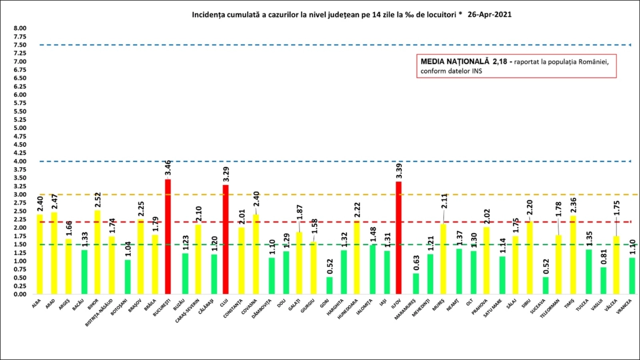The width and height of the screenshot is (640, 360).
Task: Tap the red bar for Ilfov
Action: pos(398,238)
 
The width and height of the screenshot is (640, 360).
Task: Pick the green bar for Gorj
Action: pos(329,285)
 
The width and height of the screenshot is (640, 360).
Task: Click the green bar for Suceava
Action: pos(546,285)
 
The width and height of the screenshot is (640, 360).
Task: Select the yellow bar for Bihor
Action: pos(97,252)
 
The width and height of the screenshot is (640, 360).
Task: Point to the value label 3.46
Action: pos(168,168)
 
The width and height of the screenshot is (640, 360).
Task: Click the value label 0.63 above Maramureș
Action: pos(416,263)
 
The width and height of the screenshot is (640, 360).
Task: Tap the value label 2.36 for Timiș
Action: pos(573,205)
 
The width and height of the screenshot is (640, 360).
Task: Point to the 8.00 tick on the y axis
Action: pos(20,28)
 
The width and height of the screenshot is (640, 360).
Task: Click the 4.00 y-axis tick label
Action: pos(20,161)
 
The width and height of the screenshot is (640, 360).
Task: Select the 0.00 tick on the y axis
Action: pos(20,294)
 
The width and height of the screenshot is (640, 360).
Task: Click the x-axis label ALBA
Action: pos(36,304)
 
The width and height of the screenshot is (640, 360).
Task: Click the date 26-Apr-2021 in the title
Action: pos(489,15)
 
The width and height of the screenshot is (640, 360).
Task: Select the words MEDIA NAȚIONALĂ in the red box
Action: pos(455,62)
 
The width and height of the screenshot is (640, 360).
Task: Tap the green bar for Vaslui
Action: pos(603,280)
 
